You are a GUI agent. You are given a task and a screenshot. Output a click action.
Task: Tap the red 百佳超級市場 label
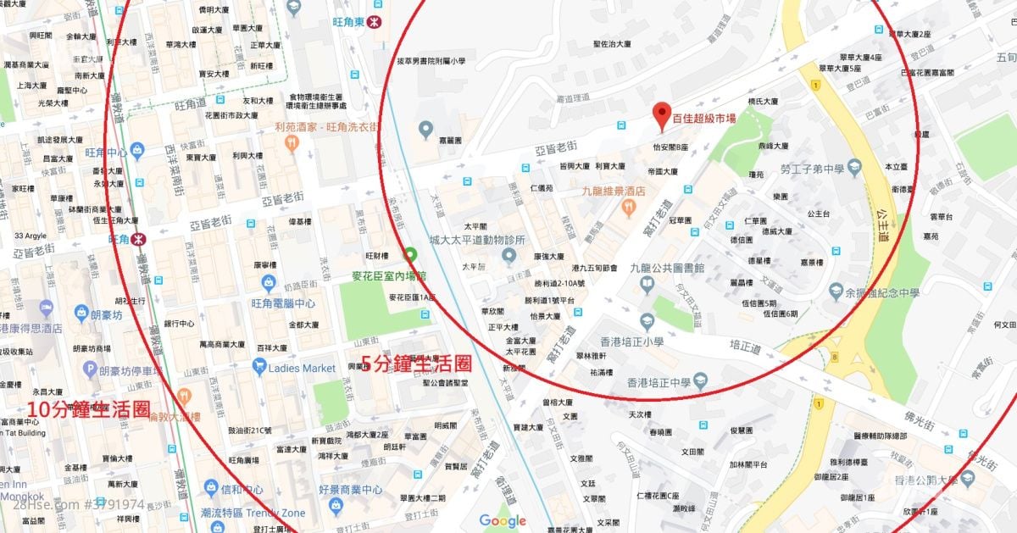pos(704,119)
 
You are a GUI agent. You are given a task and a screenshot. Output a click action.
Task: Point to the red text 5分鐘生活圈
pos(416,364)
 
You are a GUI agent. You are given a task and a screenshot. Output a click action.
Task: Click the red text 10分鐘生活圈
pos(89,409)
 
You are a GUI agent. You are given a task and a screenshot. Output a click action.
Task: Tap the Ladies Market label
pos(302,368)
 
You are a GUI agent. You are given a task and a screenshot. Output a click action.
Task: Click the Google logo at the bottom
pos(503,520)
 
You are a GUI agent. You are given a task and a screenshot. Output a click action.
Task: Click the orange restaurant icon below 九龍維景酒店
pos(629,207)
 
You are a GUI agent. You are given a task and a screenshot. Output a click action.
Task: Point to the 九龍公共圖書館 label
pos(666,266)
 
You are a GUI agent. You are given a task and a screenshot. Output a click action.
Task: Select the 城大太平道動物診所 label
pos(478,240)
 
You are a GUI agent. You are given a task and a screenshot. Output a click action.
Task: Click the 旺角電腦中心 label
pos(283,303)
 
